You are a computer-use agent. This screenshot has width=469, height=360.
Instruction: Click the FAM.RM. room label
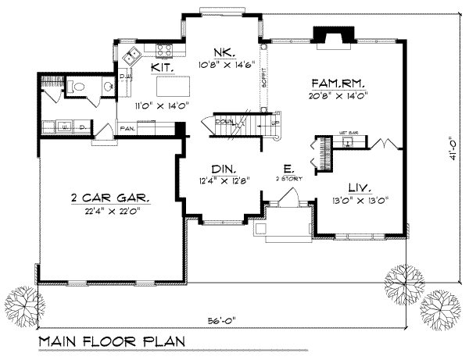coord(338,82)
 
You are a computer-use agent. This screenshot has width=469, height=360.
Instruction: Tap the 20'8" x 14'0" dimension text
coord(338,94)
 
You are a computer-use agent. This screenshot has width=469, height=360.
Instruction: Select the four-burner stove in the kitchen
coord(165,51)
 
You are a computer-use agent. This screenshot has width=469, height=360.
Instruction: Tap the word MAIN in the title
coord(60,343)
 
